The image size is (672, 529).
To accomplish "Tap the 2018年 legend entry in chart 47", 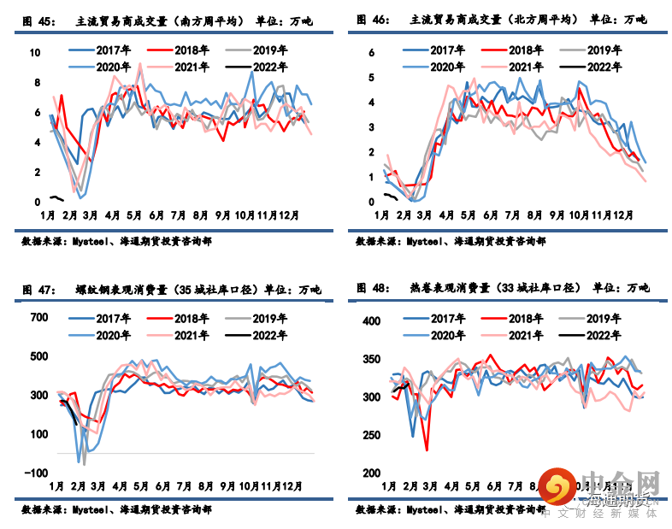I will (x=186, y=318).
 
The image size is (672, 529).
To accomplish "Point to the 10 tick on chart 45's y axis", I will (x=35, y=53).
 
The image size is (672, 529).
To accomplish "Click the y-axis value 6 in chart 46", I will (x=372, y=53).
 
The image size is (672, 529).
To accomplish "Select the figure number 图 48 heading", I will (x=370, y=287).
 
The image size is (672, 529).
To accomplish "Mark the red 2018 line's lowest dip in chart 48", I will (x=427, y=450).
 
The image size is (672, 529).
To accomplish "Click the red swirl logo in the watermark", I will (x=557, y=489).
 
